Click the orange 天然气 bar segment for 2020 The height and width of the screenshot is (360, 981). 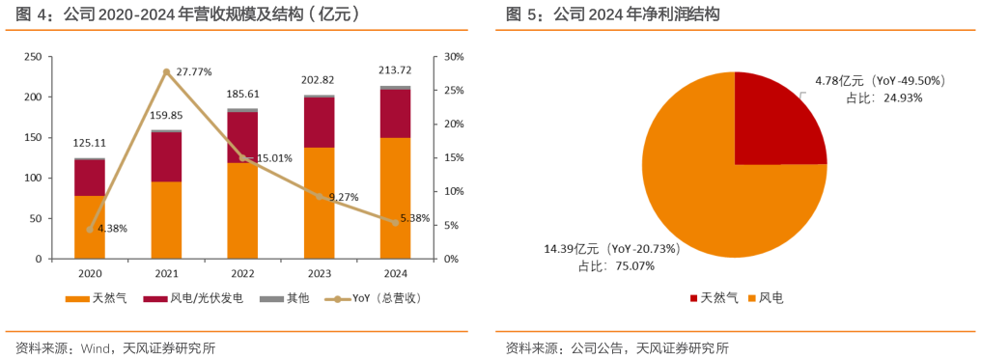[90, 228]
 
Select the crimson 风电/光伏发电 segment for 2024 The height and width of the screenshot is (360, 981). [395, 113]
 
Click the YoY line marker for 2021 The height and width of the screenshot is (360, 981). [166, 72]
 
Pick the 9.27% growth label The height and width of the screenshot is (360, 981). [342, 197]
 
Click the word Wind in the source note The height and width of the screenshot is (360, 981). [96, 347]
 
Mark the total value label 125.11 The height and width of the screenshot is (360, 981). [90, 143]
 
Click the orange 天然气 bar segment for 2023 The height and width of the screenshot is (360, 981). [319, 203]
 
